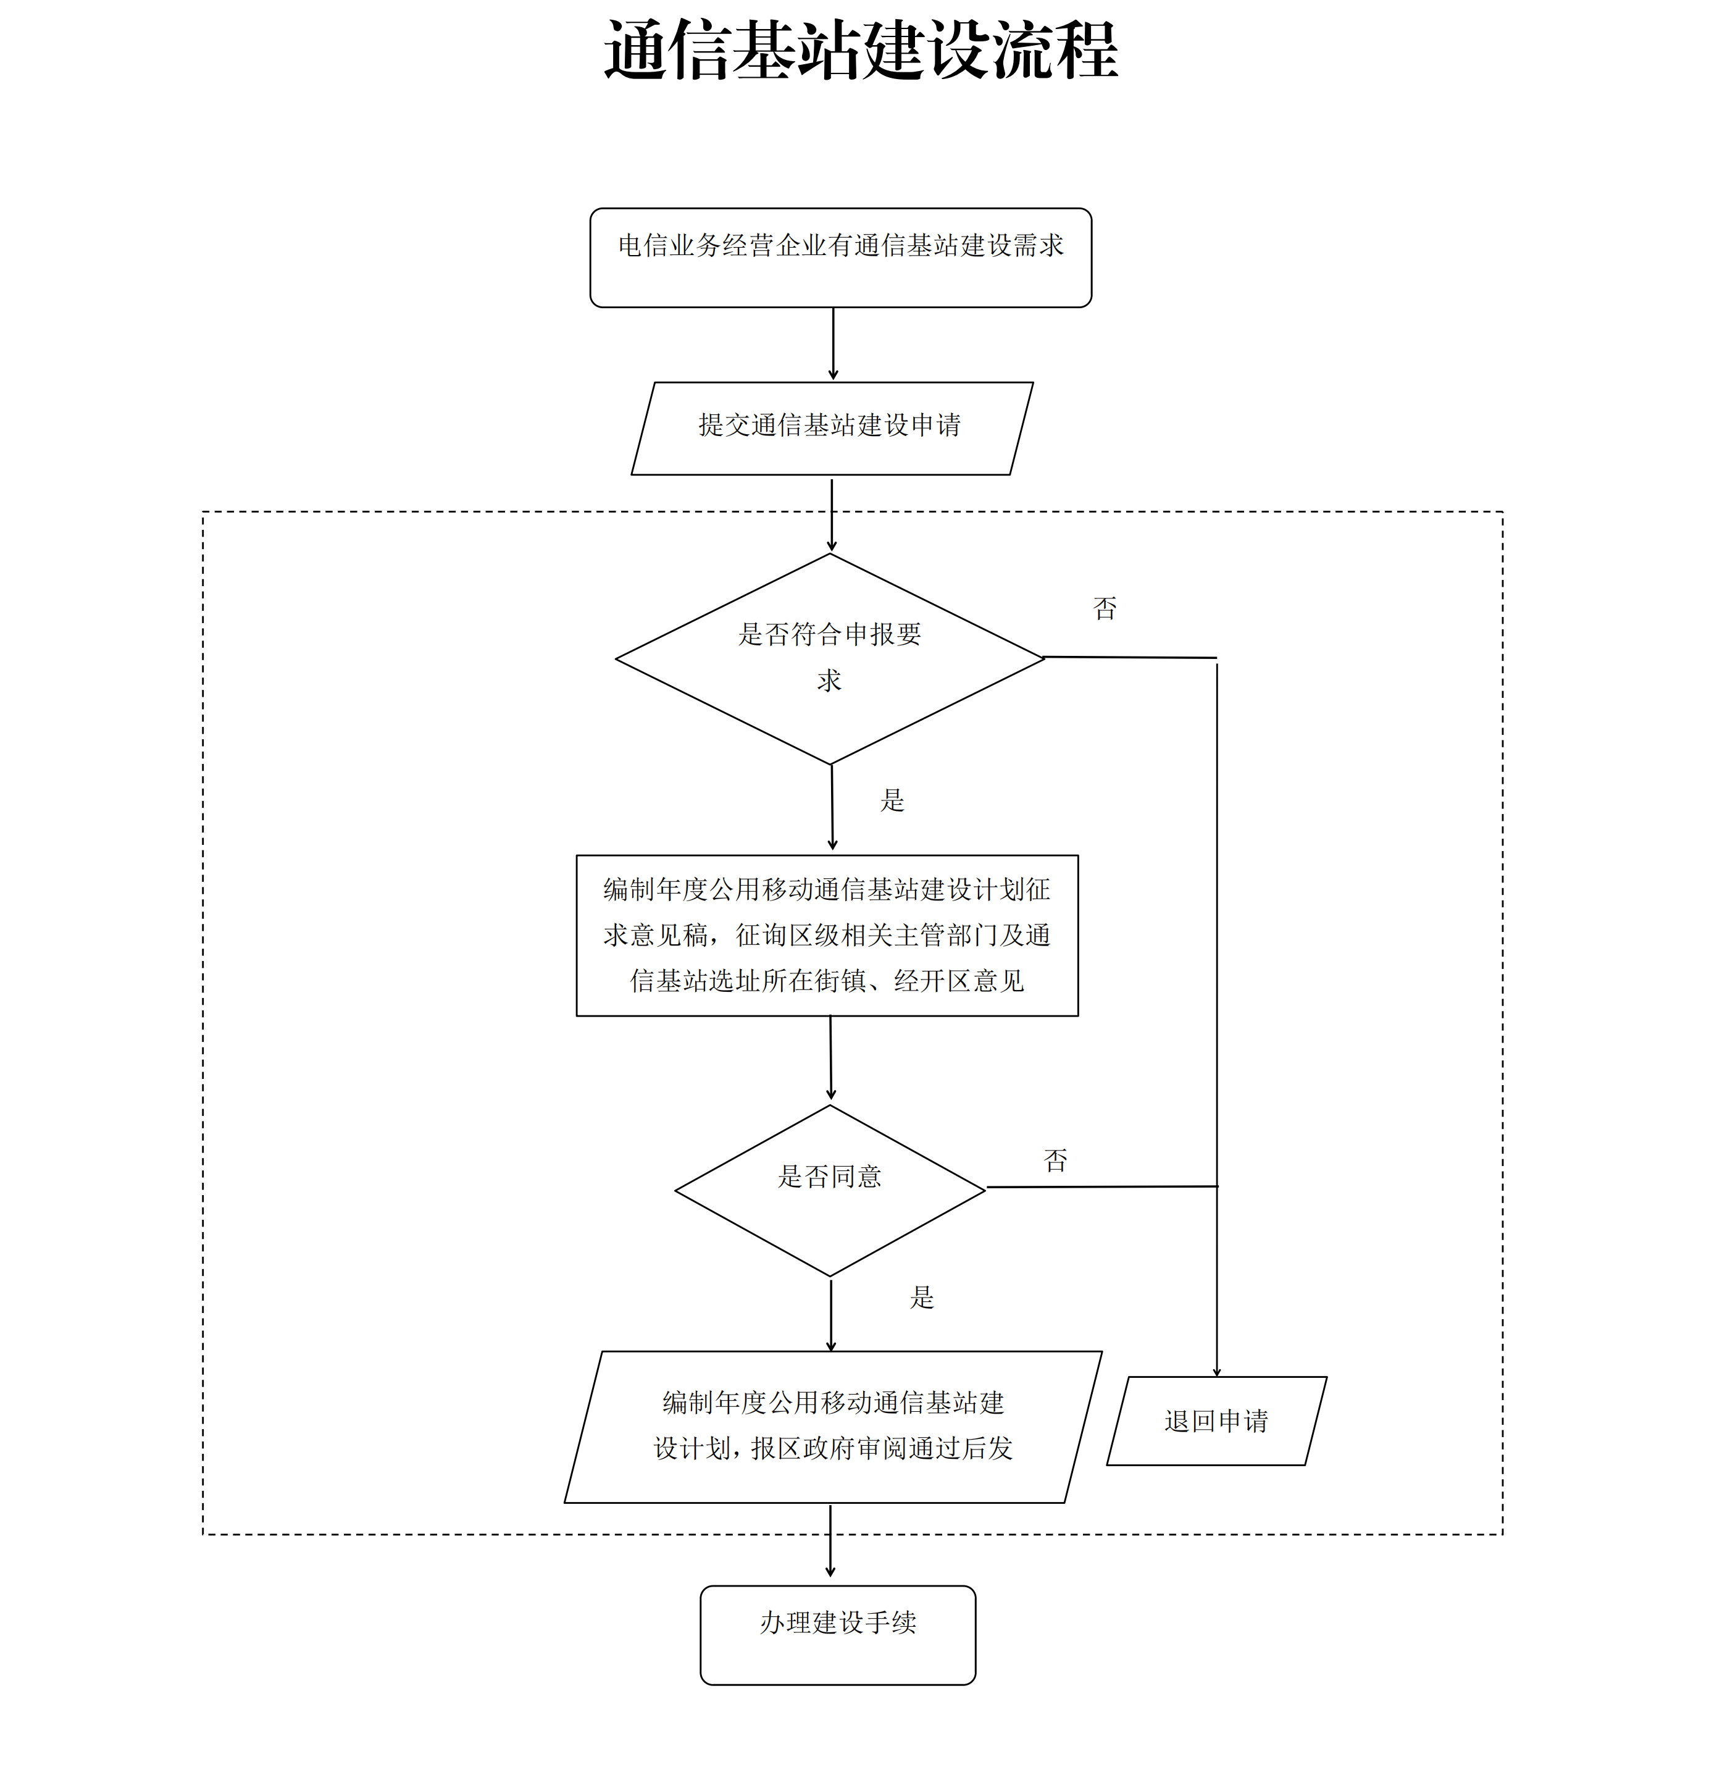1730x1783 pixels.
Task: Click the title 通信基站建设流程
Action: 861,51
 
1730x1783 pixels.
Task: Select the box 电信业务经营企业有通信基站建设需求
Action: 840,258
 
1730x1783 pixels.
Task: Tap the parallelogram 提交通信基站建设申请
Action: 831,427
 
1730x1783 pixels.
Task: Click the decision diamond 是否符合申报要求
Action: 830,658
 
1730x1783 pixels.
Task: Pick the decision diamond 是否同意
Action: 830,1190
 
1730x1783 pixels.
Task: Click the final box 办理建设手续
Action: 838,1635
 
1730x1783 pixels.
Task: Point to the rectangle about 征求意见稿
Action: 827,935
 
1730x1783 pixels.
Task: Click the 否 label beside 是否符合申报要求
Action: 1104,608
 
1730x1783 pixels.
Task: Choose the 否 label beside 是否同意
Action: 1055,1160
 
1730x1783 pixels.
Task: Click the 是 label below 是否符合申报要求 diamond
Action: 892,800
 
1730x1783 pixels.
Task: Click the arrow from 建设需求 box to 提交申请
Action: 833,344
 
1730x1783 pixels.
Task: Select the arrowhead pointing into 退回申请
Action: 1216,1372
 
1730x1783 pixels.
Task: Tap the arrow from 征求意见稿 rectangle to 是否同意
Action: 830,1057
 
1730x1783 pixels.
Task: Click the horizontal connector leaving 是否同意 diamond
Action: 1101,1186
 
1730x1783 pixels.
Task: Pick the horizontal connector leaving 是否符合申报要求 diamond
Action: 1130,657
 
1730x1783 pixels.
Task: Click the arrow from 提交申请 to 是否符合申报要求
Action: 831,514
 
